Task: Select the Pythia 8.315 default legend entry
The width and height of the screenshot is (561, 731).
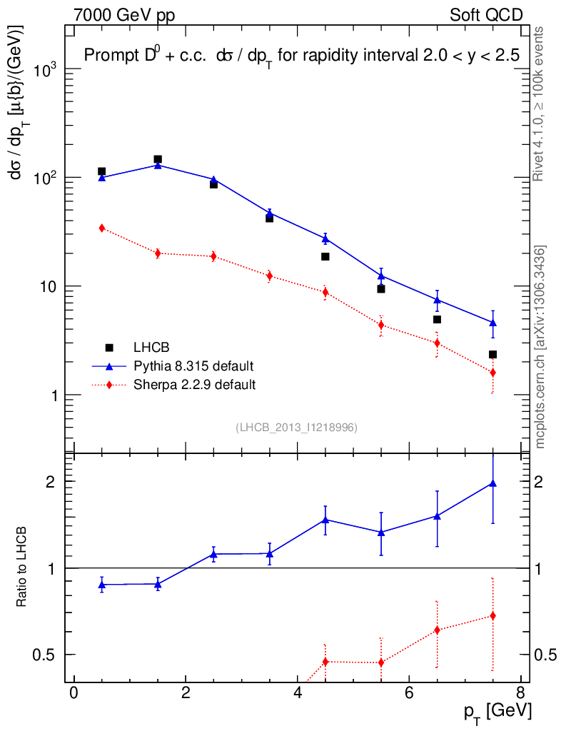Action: [193, 366]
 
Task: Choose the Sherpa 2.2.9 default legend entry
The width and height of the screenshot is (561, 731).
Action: [195, 385]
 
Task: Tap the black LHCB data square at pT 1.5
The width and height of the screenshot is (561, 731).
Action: [158, 159]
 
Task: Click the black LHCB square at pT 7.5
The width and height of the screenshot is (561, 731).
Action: [492, 354]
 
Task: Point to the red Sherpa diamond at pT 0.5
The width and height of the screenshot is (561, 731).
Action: [102, 228]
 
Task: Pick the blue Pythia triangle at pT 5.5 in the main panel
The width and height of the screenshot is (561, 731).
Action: [381, 276]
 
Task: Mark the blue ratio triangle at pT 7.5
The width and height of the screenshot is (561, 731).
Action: [492, 483]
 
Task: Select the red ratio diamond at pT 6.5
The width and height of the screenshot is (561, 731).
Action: [437, 630]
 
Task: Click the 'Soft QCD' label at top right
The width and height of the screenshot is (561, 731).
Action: [486, 14]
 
